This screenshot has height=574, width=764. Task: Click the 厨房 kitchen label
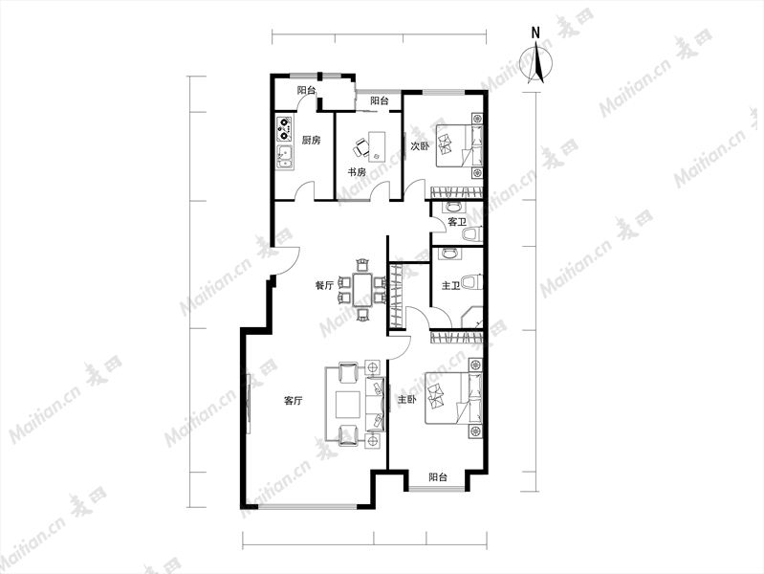click(312, 141)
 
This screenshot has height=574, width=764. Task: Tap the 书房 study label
click(356, 172)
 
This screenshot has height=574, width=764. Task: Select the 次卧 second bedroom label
click(420, 145)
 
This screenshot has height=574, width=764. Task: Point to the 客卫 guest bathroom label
click(456, 222)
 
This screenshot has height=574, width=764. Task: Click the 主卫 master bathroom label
click(450, 285)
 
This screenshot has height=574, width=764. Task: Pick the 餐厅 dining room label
click(324, 286)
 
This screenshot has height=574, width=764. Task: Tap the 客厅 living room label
click(293, 401)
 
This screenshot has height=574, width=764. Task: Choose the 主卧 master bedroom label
click(406, 400)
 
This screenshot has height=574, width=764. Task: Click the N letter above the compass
click(535, 33)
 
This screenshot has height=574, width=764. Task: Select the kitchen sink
click(284, 157)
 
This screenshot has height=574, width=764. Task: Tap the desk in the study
click(377, 146)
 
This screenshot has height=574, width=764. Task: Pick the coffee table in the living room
click(348, 406)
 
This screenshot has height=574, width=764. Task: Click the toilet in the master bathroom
click(471, 283)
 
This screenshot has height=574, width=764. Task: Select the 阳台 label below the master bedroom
click(438, 477)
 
